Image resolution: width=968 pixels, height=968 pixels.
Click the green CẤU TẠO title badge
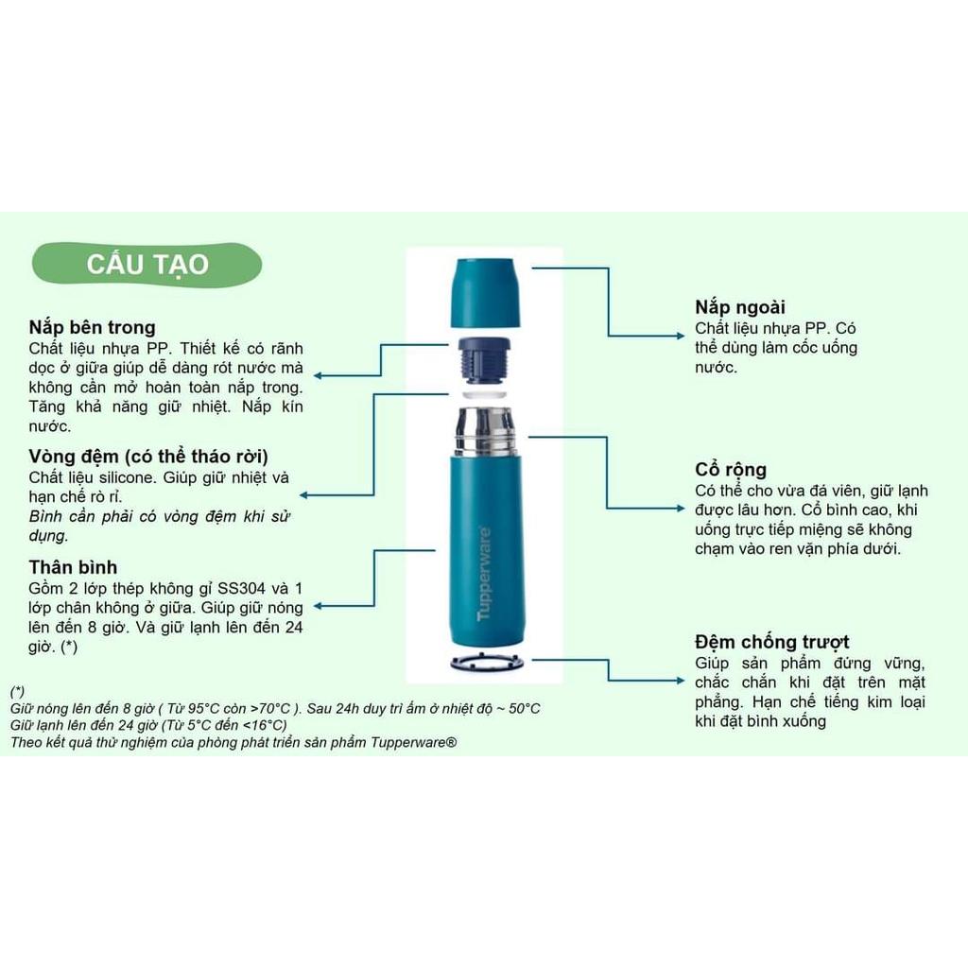pyautogui.click(x=147, y=265)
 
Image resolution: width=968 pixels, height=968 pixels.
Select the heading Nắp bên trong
pyautogui.click(x=92, y=327)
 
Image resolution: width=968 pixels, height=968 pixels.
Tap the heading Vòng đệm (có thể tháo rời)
pyautogui.click(x=148, y=457)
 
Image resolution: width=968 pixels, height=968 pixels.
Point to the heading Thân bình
pyautogui.click(x=73, y=567)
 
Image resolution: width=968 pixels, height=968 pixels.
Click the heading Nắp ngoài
pyautogui.click(x=739, y=307)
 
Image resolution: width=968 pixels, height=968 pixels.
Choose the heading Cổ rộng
pyautogui.click(x=731, y=469)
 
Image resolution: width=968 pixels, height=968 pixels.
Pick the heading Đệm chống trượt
pyautogui.click(x=771, y=642)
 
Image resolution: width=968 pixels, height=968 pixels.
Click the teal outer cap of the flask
pyautogui.click(x=485, y=293)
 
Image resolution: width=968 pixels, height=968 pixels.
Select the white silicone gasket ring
pyautogui.click(x=485, y=394)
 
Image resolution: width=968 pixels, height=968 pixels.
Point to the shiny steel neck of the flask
pyautogui.click(x=485, y=431)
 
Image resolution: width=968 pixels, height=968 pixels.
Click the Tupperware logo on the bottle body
pyautogui.click(x=485, y=574)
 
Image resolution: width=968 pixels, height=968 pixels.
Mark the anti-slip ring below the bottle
pyautogui.click(x=487, y=663)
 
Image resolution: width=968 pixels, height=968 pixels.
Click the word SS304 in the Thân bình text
pyautogui.click(x=241, y=588)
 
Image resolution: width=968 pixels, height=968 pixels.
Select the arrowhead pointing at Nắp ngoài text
pyautogui.click(x=681, y=336)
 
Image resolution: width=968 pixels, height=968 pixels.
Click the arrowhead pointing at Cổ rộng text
pyautogui.click(x=681, y=508)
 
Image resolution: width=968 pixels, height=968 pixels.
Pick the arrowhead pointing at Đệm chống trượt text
pyautogui.click(x=681, y=681)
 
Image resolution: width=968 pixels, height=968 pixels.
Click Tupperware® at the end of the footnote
pyautogui.click(x=414, y=743)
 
